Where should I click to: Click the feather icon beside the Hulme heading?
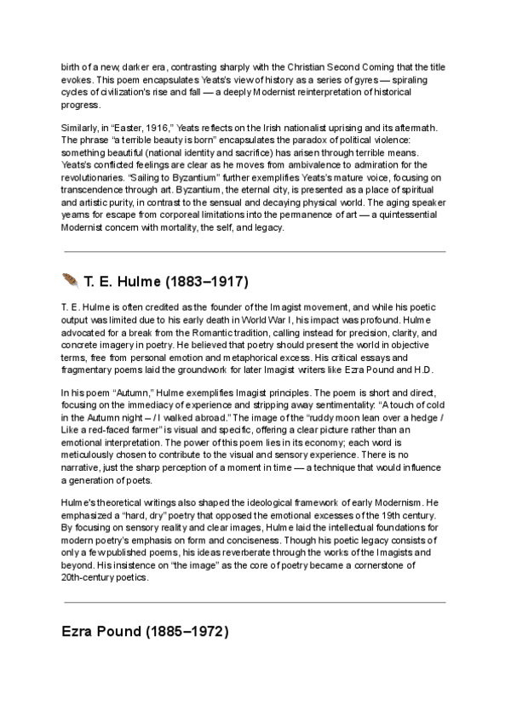tap(71, 281)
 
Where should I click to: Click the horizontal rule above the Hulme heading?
tap(254, 251)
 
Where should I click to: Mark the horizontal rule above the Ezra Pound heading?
tap(254, 602)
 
